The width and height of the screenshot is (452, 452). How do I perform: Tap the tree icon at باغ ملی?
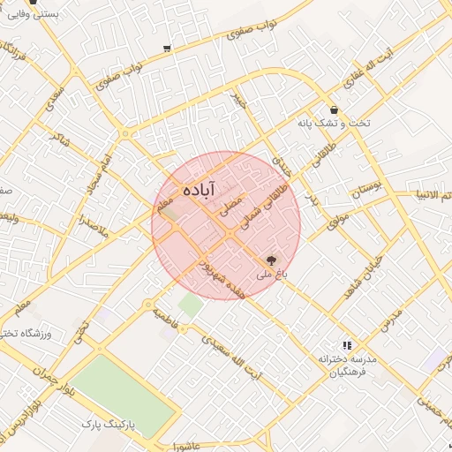tap(270, 260)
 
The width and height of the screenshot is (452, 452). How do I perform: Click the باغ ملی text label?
tap(272, 275)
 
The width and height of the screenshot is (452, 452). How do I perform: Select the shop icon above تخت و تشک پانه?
tap(333, 109)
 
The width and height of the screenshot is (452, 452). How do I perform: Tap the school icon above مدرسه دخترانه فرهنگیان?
tap(347, 345)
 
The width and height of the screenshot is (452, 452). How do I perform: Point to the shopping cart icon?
tap(167, 49)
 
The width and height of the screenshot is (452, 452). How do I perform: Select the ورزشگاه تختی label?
tap(41, 333)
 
